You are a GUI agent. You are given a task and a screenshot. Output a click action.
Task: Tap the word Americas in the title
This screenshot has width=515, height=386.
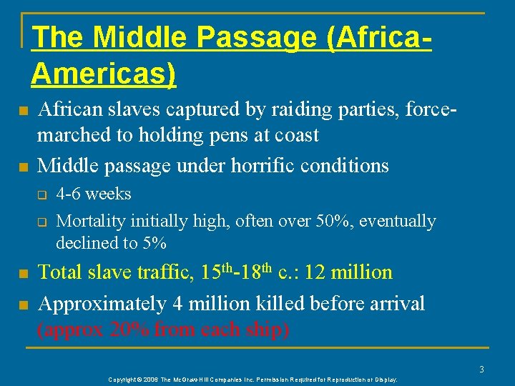[x=103, y=74]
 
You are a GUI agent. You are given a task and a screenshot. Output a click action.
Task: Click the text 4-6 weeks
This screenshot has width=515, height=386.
[x=94, y=194]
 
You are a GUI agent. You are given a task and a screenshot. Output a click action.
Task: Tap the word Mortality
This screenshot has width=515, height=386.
[x=87, y=222]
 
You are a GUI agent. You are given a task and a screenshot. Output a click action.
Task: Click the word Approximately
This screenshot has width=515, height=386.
[x=103, y=304]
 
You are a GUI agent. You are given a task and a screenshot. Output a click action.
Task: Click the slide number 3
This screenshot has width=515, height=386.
[x=482, y=369]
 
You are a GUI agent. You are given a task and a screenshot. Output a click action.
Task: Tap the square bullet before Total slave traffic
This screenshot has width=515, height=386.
[x=23, y=274]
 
